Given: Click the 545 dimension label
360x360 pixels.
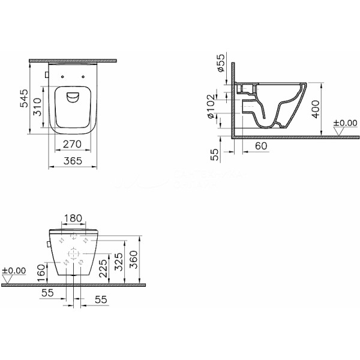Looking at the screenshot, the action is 24,98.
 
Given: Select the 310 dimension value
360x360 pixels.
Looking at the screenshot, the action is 37,107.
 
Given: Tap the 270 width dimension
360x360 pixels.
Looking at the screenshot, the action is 72,144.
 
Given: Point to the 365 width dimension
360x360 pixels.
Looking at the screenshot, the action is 73,161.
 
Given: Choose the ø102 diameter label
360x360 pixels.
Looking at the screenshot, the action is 211,106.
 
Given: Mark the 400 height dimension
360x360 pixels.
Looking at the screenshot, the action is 316,109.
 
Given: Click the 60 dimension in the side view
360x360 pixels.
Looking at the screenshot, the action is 261,146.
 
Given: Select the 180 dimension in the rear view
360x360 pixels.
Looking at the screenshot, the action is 73,218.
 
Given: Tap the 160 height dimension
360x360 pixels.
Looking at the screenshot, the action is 41,273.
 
